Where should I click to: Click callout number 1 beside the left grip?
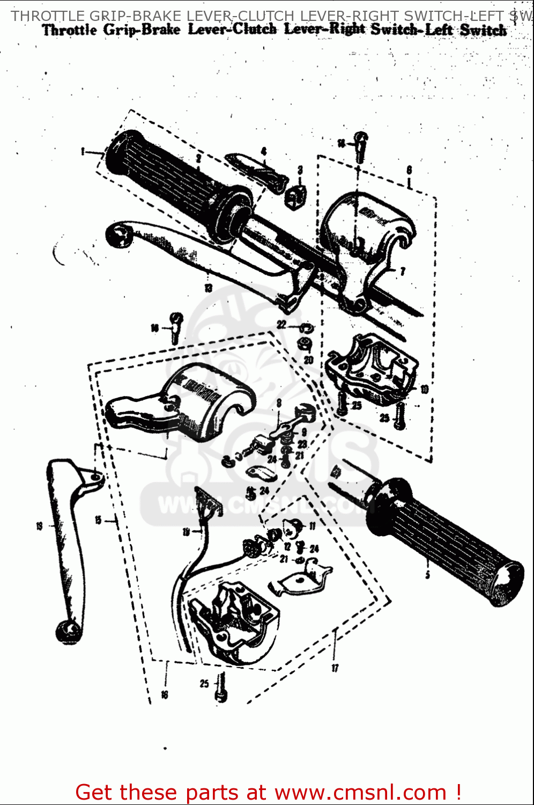click(x=83, y=151)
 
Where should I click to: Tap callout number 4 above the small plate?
click(x=264, y=151)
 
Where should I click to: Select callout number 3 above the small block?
click(x=300, y=170)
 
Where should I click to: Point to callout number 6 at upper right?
click(x=409, y=170)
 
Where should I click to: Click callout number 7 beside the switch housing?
click(x=403, y=272)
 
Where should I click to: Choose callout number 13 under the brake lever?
click(x=208, y=288)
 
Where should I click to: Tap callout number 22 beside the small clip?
click(x=281, y=325)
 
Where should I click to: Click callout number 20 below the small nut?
click(x=308, y=360)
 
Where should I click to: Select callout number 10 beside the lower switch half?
click(x=424, y=389)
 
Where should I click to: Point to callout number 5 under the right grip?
click(x=427, y=575)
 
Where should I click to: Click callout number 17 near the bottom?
click(x=335, y=668)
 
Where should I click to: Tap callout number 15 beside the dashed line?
click(x=98, y=519)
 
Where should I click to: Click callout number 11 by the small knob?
click(x=313, y=526)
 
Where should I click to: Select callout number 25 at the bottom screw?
click(x=204, y=683)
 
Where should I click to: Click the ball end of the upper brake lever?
click(x=119, y=235)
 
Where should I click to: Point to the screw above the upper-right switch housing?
click(x=361, y=145)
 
